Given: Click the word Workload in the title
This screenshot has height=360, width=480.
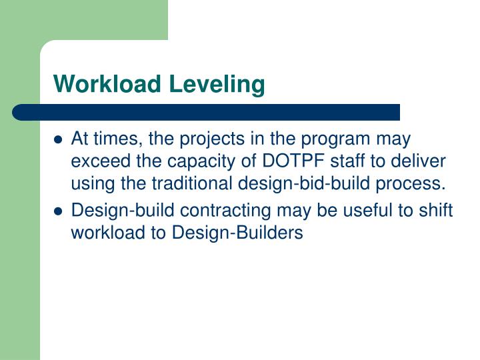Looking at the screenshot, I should (x=108, y=85).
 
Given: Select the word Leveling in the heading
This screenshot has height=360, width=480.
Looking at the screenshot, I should (x=217, y=85).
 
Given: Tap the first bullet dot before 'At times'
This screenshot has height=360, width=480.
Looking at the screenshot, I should (x=58, y=141).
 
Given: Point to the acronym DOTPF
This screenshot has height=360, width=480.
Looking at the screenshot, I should (x=293, y=162).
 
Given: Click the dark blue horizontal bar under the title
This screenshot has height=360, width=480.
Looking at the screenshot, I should (x=207, y=112).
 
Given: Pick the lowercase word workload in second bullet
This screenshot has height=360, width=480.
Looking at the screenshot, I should (x=101, y=233).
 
